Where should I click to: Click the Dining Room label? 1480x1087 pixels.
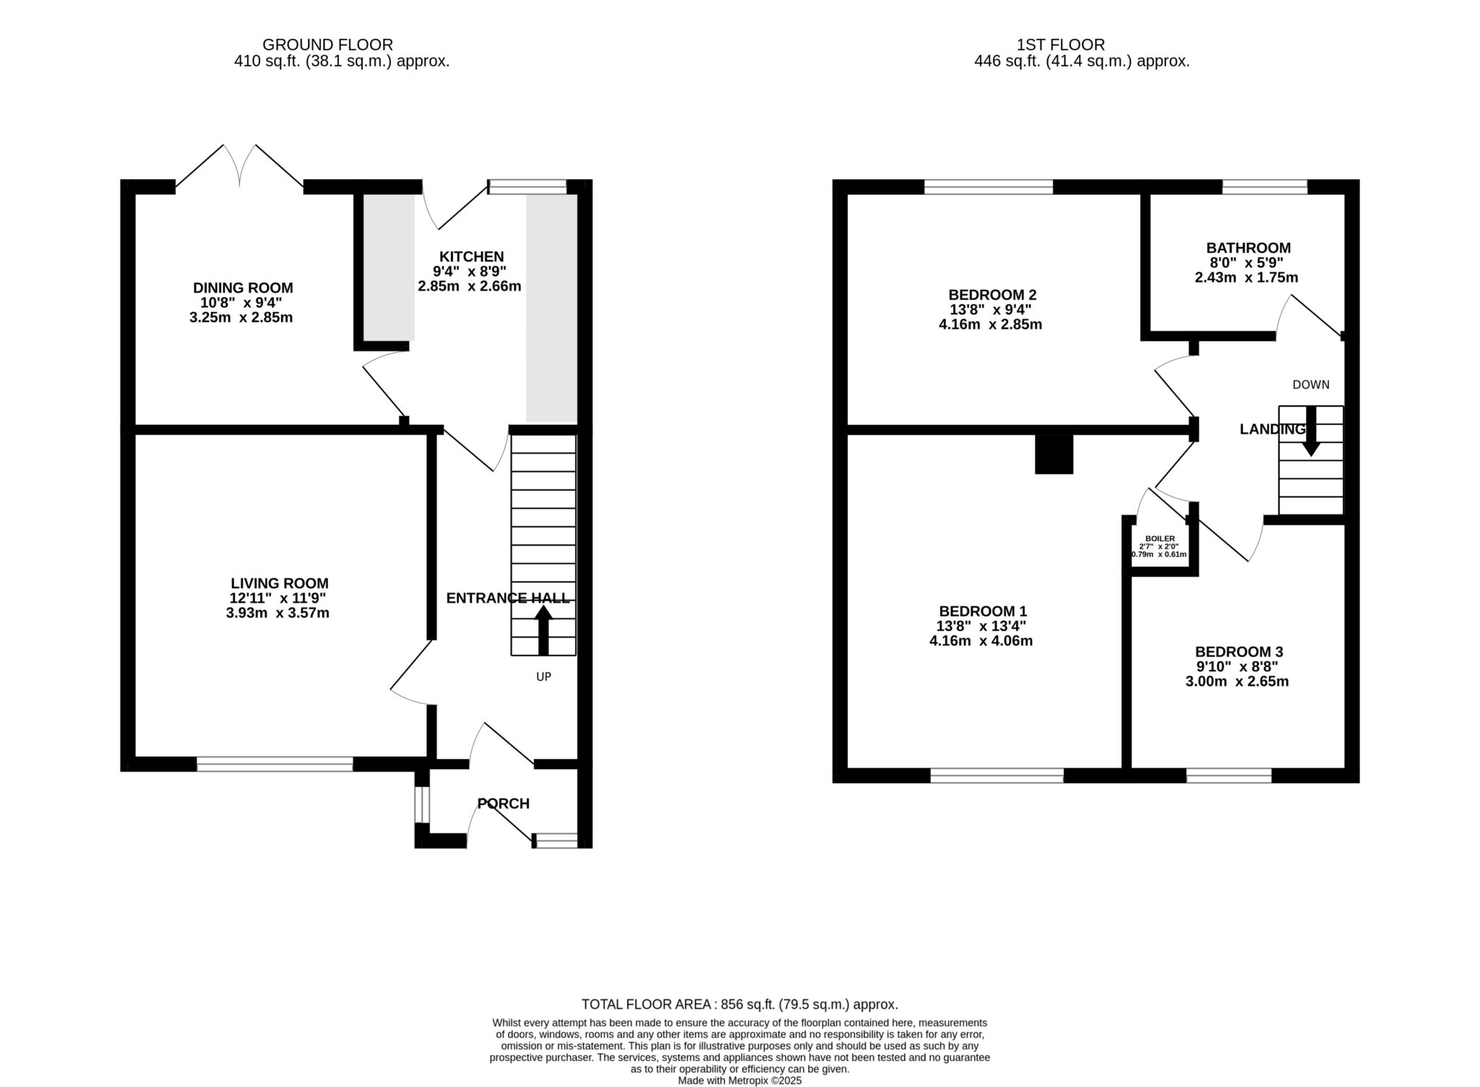coord(243,288)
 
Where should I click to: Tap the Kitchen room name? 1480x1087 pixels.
coord(471,257)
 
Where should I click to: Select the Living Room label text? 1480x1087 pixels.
coord(280,583)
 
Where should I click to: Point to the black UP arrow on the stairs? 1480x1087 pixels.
coord(543,630)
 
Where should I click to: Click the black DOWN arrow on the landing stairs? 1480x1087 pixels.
coord(1311,431)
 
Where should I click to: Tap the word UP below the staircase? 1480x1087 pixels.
coord(543,677)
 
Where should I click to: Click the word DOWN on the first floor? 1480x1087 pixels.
coord(1311,384)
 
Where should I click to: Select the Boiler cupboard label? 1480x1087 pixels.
coord(1160,538)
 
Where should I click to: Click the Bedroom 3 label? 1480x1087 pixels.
coord(1239,651)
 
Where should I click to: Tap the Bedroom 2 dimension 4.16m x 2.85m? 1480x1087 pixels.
coord(990,325)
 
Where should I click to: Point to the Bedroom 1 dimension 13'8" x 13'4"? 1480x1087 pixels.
coord(981,626)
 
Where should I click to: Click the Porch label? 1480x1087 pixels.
coord(504,803)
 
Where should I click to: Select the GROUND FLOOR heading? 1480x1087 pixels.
coord(327,45)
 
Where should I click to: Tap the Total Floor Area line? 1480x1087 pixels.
coord(740,1004)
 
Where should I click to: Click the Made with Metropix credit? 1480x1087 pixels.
coord(740,1080)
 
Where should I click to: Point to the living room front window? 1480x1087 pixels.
coord(275,764)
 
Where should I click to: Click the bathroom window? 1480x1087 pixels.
coord(1265,187)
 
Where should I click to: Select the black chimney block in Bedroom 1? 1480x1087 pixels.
coord(1054,455)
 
